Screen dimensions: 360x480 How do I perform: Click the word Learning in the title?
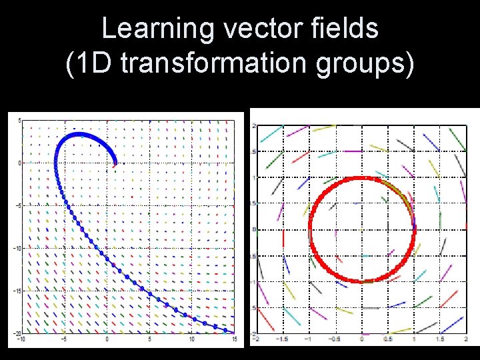(x=157, y=29)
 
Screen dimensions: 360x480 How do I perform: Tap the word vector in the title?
(x=255, y=29)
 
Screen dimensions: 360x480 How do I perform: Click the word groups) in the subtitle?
(x=365, y=65)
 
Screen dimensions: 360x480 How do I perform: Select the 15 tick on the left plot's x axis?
(x=235, y=339)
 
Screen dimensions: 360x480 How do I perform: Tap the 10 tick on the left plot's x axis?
(x=192, y=339)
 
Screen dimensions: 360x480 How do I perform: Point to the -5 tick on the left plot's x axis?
(x=64, y=339)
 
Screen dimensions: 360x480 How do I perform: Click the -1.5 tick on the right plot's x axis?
(x=283, y=339)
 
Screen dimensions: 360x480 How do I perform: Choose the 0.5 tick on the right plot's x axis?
(x=387, y=339)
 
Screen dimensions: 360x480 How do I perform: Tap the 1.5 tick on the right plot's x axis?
(x=440, y=339)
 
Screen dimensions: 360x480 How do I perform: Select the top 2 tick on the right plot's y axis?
(x=254, y=125)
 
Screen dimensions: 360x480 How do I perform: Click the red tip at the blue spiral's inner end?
(x=115, y=161)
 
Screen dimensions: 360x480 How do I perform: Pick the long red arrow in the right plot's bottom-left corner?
(x=265, y=319)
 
